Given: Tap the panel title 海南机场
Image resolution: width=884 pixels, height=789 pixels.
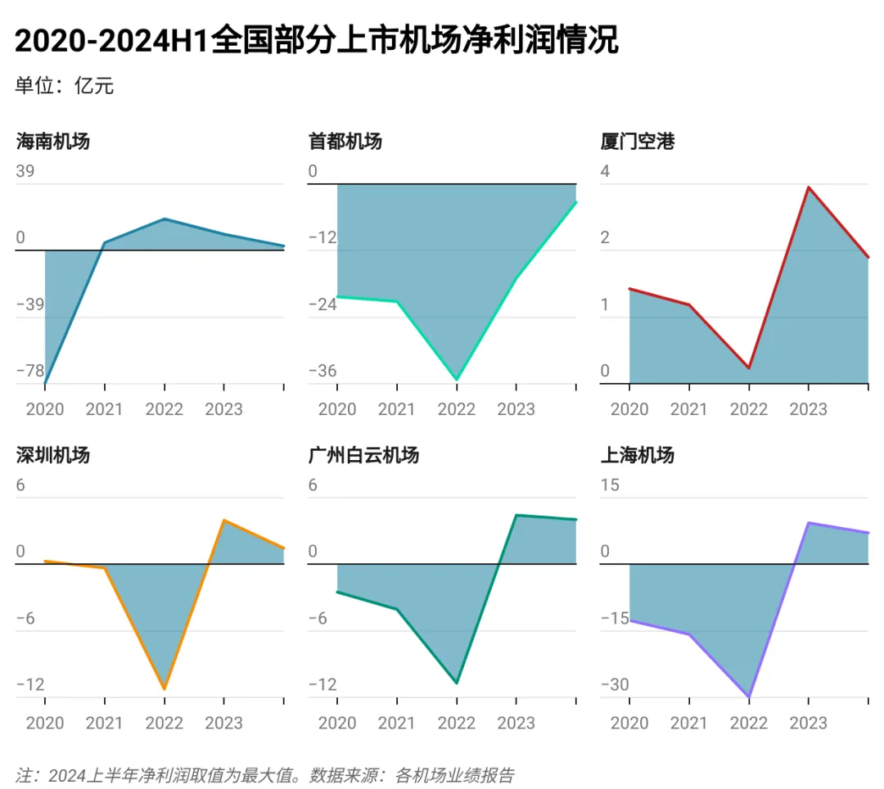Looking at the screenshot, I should click(53, 142).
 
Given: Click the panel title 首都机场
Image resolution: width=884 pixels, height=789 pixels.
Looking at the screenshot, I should click(345, 142).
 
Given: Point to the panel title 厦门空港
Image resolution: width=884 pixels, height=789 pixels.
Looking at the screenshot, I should click(638, 142).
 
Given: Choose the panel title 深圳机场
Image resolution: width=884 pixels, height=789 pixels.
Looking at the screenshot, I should click(53, 455).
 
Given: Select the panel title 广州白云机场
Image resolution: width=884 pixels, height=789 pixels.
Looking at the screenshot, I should click(363, 455).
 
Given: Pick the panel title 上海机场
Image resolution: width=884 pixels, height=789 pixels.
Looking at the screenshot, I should click(638, 455).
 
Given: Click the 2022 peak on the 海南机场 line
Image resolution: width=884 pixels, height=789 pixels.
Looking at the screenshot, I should click(165, 219).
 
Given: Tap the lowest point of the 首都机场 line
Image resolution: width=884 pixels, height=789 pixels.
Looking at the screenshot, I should click(457, 380).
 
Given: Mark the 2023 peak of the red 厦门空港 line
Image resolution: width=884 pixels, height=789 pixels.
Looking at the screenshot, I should click(809, 187).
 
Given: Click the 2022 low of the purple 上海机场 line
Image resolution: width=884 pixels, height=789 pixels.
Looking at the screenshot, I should click(749, 697).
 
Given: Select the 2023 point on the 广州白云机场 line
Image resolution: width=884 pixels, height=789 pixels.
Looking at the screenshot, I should click(516, 515).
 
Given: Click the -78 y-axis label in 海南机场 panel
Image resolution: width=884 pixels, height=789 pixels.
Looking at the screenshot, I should click(30, 371).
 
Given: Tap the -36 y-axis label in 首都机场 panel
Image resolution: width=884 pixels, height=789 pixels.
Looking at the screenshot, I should click(322, 371).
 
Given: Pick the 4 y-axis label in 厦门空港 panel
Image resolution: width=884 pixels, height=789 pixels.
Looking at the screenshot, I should click(605, 172).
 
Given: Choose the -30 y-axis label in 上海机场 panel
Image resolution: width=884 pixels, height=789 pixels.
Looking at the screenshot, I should click(615, 684).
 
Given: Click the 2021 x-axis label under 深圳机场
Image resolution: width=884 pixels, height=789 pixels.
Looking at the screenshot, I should click(104, 723).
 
